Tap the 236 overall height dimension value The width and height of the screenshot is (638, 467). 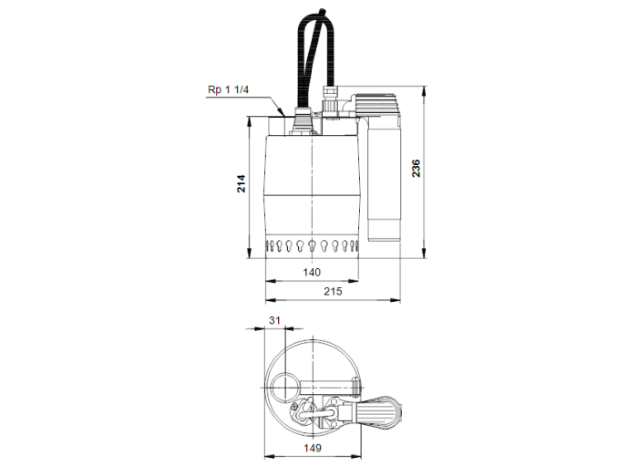click(416, 168)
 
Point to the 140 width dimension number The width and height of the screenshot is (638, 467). click(313, 273)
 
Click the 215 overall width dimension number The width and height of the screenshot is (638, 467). click(333, 291)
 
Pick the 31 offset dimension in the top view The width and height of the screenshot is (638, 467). click(276, 320)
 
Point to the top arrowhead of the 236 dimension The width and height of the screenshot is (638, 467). click(426, 90)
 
